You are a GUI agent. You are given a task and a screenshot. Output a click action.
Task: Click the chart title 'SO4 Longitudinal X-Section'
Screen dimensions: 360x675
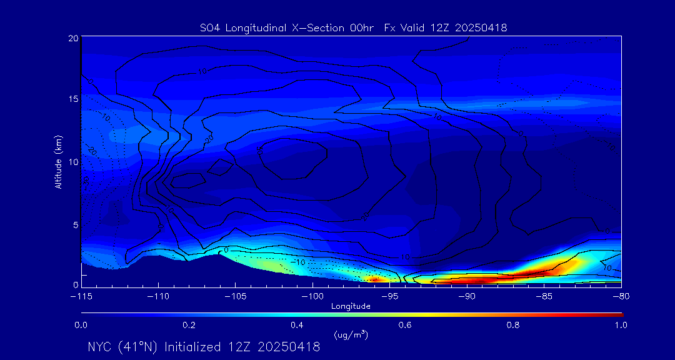pyautogui.click(x=262, y=27)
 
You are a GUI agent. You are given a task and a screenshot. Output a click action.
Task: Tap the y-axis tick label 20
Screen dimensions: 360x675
pyautogui.click(x=73, y=38)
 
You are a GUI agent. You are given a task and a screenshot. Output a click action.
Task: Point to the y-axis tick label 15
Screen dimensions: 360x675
pyautogui.click(x=73, y=99)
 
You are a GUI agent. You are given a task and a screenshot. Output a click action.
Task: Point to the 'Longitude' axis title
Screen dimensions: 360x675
pyautogui.click(x=351, y=306)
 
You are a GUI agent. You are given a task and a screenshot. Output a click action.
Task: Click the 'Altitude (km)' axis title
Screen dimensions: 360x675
pyautogui.click(x=58, y=161)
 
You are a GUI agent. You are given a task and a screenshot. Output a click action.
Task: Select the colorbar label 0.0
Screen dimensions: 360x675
pyautogui.click(x=81, y=325)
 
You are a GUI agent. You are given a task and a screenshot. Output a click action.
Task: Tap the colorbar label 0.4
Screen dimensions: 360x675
pyautogui.click(x=297, y=325)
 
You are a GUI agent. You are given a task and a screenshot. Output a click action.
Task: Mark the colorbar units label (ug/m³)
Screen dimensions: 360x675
pyautogui.click(x=351, y=335)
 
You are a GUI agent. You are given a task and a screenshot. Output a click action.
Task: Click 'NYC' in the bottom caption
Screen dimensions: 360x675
pyautogui.click(x=102, y=347)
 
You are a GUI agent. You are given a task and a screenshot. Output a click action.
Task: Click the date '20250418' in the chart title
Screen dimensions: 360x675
pyautogui.click(x=481, y=27)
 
